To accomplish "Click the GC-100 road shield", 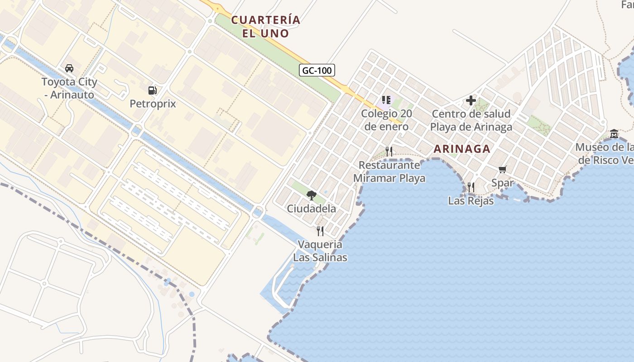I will click(317, 70).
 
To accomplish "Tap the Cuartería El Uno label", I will click(265, 26).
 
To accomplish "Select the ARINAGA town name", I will click(462, 148).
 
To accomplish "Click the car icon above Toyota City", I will click(69, 68).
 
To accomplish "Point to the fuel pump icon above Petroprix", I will click(153, 90).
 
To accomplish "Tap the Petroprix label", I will click(153, 104).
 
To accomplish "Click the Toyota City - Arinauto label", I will click(69, 88).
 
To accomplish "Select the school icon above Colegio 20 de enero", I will click(386, 100).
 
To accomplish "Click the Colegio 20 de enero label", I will click(386, 120).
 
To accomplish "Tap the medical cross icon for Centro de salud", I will click(471, 100).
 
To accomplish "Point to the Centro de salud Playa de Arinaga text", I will click(471, 120).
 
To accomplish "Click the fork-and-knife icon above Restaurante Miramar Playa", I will click(389, 151).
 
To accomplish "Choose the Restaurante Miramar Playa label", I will click(389, 171).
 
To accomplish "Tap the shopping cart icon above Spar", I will click(502, 170).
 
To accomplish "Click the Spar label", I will click(502, 183).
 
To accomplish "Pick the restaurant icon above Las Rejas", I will click(471, 187).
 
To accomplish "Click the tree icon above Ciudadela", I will click(311, 195).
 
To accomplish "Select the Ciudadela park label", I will click(311, 209).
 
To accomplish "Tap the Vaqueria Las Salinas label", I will click(320, 251).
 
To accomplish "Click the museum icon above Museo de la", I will click(614, 134).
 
